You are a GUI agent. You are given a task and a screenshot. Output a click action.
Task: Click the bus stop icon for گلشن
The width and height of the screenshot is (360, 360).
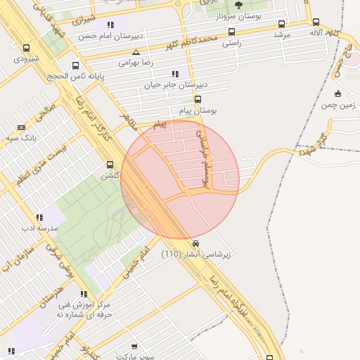[x=110, y=165]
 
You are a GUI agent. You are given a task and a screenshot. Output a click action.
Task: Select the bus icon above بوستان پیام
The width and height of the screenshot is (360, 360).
[x=198, y=99]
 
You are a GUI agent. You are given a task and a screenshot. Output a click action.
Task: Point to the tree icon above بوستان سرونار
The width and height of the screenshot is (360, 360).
[x=238, y=5]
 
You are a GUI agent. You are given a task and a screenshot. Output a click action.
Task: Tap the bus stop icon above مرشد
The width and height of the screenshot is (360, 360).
[x=282, y=23]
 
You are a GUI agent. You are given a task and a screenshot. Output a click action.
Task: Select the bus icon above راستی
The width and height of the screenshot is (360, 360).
[x=232, y=32]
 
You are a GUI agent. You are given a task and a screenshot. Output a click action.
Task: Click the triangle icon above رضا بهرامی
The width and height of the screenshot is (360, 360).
[x=136, y=52]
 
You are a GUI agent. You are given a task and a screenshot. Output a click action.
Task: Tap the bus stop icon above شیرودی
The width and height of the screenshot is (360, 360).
[x=27, y=49]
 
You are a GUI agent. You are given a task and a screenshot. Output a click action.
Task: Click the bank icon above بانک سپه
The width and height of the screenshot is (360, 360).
[x=21, y=127]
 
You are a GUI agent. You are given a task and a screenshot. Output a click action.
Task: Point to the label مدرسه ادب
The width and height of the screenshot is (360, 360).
[x=39, y=229]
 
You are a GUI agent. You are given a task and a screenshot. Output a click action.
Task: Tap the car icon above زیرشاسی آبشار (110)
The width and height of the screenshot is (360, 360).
[x=195, y=243]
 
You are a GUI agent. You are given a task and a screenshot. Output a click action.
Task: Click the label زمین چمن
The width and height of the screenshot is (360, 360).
[x=338, y=105]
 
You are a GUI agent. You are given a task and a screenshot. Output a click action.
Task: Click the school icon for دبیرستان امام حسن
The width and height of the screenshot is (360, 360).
[x=111, y=25]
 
